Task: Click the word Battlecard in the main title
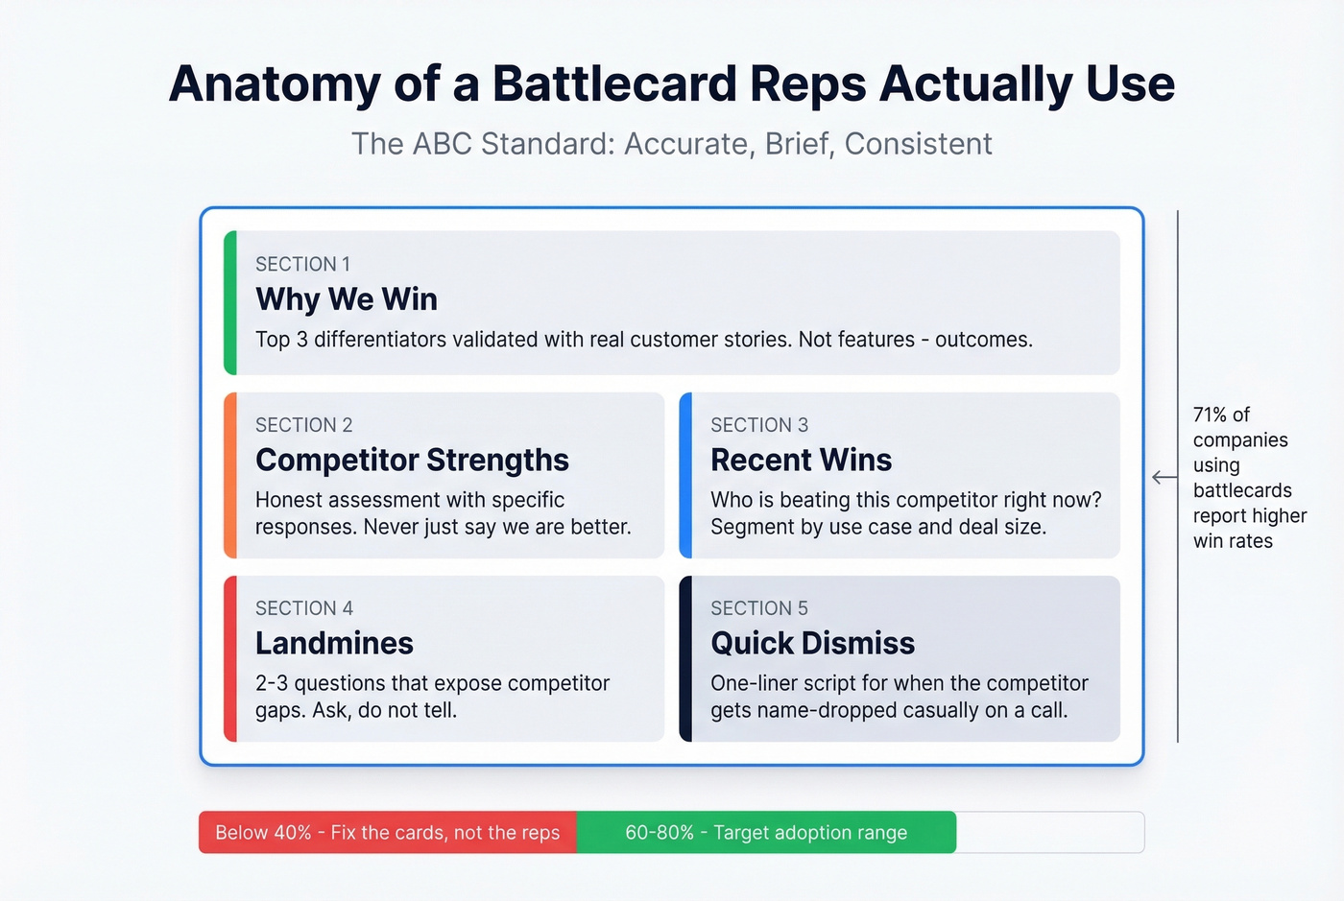pos(614,83)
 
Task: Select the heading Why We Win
pos(347,299)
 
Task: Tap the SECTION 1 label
pos(302,264)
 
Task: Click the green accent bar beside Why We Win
pos(230,302)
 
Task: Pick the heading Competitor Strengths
pos(412,460)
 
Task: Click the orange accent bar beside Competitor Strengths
pos(230,475)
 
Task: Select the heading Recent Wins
pos(801,460)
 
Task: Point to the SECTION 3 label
pos(759,425)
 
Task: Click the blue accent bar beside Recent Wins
pos(685,475)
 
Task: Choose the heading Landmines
pos(334,643)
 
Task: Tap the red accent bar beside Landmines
pos(230,658)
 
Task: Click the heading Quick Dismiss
pos(812,643)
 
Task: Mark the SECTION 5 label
pos(759,608)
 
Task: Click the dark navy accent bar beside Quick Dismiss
pos(685,658)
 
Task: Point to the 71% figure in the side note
pos(1210,415)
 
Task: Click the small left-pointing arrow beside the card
pos(1164,477)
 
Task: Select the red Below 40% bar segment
pos(387,832)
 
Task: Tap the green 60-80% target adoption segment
pos(766,832)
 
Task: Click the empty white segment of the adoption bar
pos(1049,832)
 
